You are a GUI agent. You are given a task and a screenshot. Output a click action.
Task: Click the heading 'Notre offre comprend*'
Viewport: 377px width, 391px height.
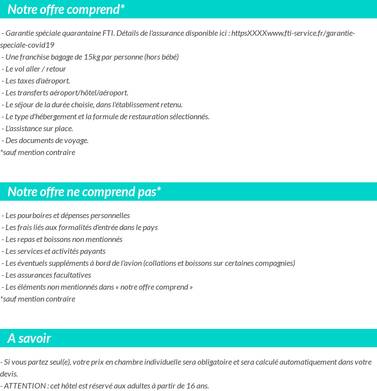pos(66,9)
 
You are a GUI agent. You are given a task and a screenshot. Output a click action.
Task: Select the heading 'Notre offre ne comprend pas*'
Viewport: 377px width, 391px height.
pos(84,192)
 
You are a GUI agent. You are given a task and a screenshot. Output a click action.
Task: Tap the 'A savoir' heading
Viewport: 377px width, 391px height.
pos(29,338)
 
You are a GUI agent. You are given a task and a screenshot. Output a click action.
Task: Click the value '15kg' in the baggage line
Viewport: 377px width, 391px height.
pos(92,57)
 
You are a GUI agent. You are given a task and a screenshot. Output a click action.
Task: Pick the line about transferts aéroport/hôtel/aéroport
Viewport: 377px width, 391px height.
pos(65,93)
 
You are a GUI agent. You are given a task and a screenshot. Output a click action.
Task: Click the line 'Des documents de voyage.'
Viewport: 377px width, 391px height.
pos(45,141)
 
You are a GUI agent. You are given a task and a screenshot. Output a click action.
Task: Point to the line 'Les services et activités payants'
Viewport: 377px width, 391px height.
pos(54,251)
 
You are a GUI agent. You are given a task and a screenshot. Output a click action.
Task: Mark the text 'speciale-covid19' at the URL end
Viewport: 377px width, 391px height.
pos(27,45)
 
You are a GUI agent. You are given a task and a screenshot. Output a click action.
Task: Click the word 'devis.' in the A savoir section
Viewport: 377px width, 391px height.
pos(9,374)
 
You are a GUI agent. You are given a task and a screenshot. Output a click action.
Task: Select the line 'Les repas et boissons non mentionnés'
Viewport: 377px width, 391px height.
pos(62,239)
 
